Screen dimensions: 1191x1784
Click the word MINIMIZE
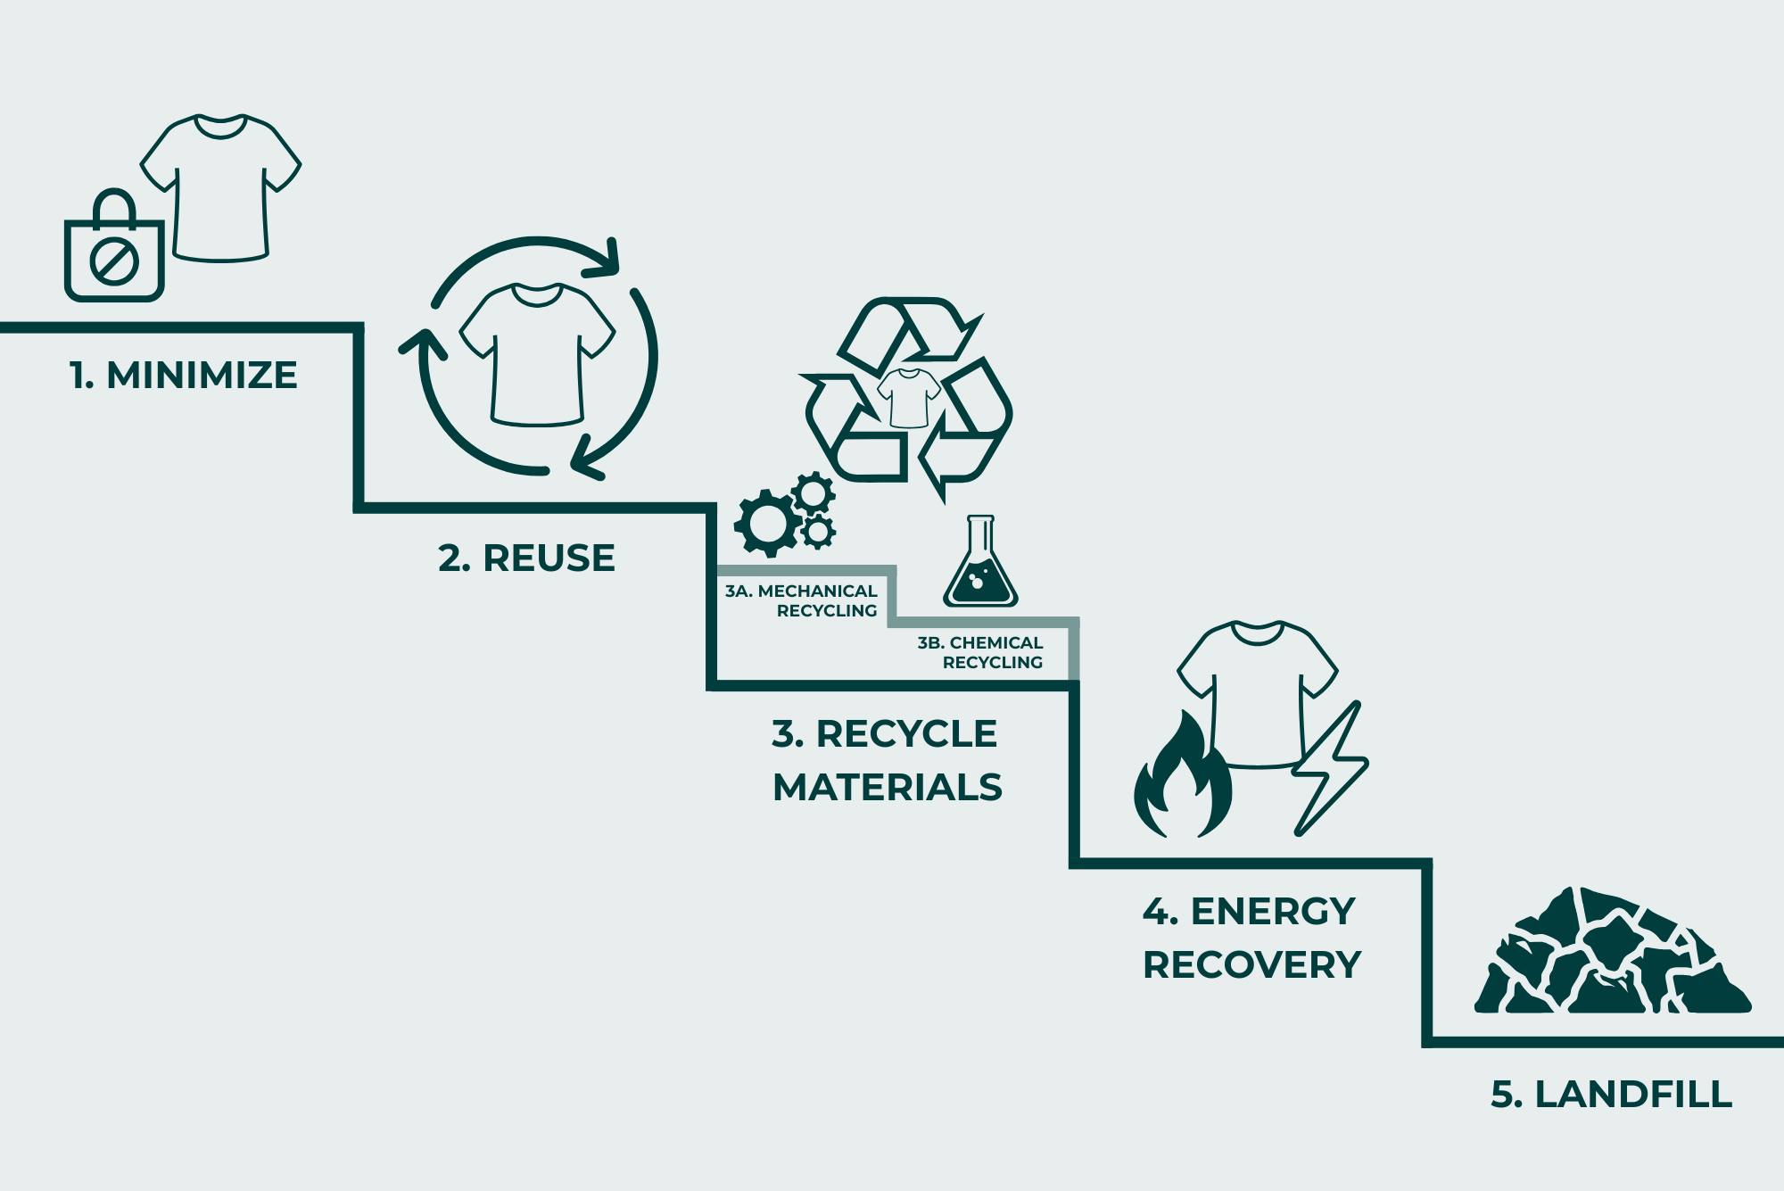tap(202, 376)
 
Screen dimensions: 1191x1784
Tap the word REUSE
tap(549, 558)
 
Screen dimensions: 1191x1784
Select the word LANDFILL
tap(1632, 1095)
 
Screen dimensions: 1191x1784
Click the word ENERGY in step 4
tap(1273, 912)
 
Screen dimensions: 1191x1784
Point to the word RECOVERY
tap(1251, 965)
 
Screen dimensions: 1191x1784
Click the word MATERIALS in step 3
tap(887, 788)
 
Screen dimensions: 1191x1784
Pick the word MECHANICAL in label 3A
tap(817, 591)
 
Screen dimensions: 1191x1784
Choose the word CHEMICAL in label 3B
tap(995, 643)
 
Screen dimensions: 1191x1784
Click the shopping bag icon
tap(114, 259)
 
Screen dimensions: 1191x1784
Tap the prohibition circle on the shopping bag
tap(114, 261)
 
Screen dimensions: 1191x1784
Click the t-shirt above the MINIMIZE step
tap(221, 187)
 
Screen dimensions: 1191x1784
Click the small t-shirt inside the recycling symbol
tap(909, 398)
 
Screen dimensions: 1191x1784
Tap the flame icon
tap(1182, 781)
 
